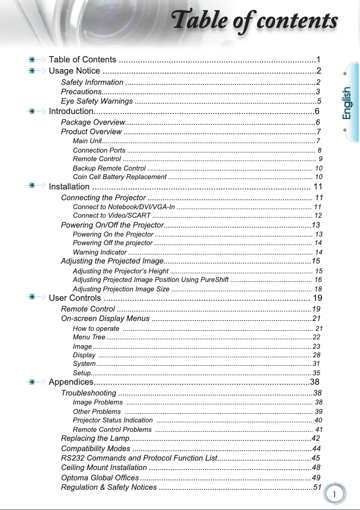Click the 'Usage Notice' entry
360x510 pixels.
tap(75, 71)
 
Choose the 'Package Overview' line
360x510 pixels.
tap(92, 123)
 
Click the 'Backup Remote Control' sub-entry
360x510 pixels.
tap(109, 168)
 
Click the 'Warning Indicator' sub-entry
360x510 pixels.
tap(99, 252)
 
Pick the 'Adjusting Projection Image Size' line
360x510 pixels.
tap(121, 289)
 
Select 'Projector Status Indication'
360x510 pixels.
tap(112, 420)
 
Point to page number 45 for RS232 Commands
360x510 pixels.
tap(316, 458)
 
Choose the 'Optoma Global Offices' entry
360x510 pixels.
tap(100, 478)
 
